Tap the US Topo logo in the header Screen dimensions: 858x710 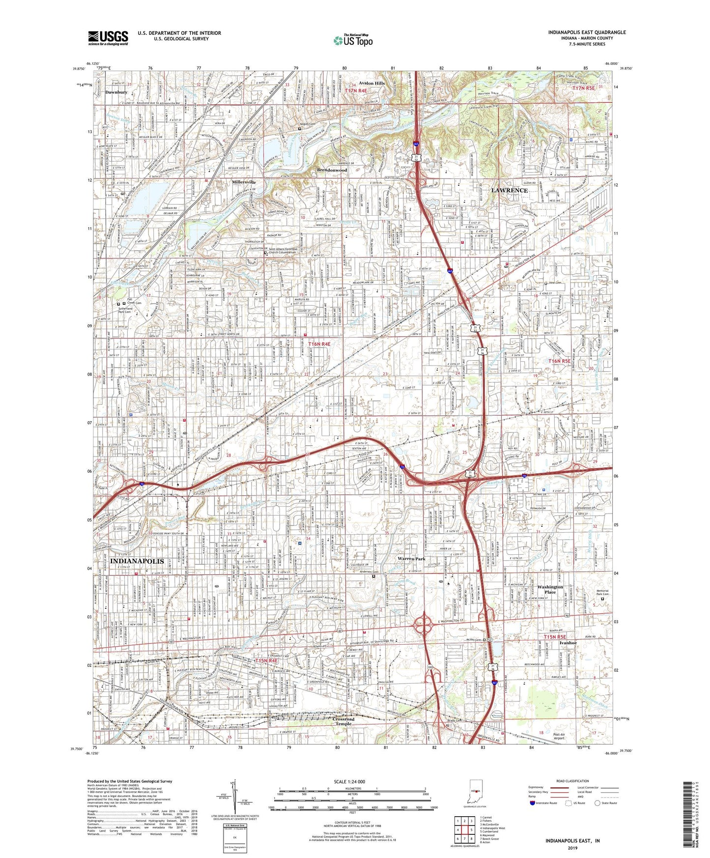(x=352, y=40)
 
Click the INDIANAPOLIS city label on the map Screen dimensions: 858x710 (x=130, y=561)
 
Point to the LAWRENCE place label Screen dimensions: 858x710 (x=509, y=190)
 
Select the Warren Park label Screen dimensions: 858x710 (x=411, y=559)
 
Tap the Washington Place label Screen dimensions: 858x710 (x=550, y=590)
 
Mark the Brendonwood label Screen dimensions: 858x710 (x=332, y=170)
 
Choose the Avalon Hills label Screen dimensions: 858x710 (x=371, y=83)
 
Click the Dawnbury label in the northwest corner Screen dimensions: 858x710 (x=116, y=92)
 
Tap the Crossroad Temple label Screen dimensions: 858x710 (x=343, y=721)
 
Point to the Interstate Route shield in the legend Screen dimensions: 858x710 (x=533, y=803)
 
